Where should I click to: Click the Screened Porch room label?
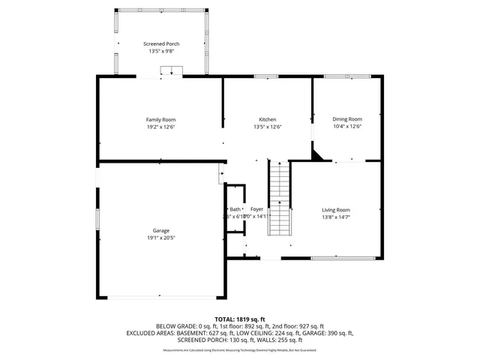(x=160, y=44)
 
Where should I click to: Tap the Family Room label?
(x=160, y=119)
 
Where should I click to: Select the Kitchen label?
(x=268, y=119)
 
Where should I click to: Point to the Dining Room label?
(x=347, y=119)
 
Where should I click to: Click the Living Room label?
(x=336, y=209)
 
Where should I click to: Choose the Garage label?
(x=160, y=230)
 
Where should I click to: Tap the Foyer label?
(x=256, y=209)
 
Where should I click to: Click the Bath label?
(x=235, y=209)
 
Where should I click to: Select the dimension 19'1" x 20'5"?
(x=160, y=238)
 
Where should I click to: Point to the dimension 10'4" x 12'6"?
(x=347, y=127)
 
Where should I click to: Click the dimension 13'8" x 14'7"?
(x=336, y=217)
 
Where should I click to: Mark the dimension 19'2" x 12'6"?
(x=160, y=127)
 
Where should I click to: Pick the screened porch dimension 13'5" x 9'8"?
(x=160, y=52)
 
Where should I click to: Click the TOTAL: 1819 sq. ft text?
(x=240, y=319)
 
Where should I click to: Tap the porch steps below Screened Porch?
(x=172, y=71)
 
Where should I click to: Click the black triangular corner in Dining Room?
(x=319, y=155)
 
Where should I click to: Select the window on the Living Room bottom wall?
(x=334, y=258)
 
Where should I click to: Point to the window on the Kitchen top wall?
(x=266, y=76)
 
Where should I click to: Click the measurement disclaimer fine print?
(x=240, y=350)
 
